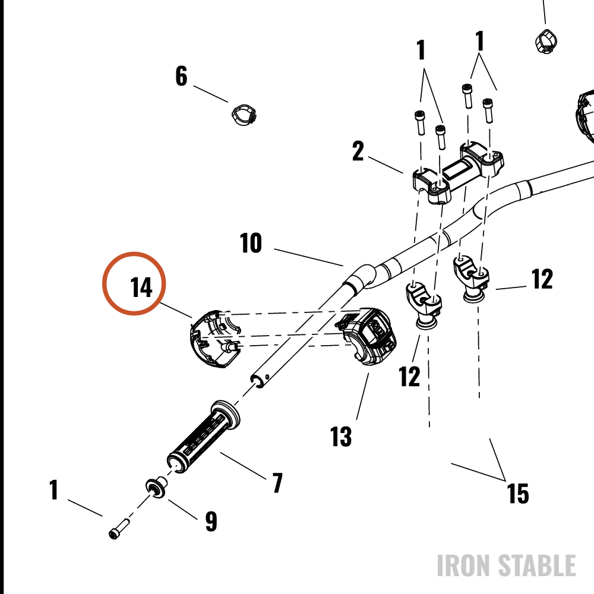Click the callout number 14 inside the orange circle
point(141,287)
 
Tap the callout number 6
point(181,76)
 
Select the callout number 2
point(358,151)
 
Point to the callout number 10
point(251,243)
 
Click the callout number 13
point(341,437)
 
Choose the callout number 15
point(518,494)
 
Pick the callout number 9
point(211,522)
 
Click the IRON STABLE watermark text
point(507,565)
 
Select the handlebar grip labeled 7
point(203,437)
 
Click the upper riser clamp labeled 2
point(457,172)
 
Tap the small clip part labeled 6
point(244,115)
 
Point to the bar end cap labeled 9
point(156,488)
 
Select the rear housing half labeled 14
point(215,339)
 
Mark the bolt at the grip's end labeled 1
point(119,529)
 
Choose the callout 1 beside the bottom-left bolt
point(54,489)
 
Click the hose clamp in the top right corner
point(546,42)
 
